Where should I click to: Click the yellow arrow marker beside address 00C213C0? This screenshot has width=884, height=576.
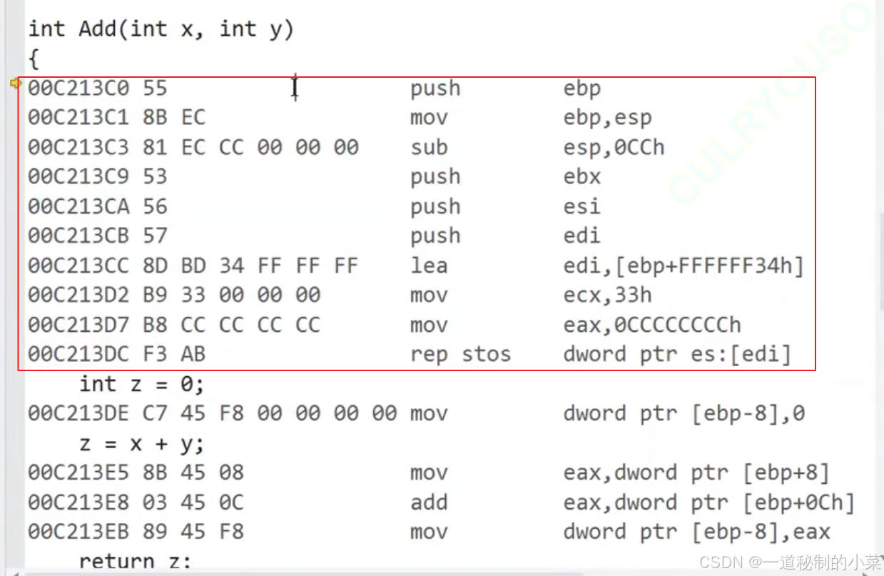(x=15, y=84)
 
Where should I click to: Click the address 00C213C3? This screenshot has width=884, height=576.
(x=78, y=148)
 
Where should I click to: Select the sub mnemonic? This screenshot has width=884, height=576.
(x=429, y=148)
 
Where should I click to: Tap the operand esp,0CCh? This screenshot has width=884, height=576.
(x=614, y=148)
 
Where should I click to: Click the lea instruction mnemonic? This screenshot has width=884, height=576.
(x=429, y=266)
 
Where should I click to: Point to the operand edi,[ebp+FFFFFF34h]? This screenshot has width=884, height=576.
(x=684, y=266)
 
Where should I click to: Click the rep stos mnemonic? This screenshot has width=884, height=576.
(x=460, y=355)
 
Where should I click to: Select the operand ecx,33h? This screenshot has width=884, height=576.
(x=607, y=295)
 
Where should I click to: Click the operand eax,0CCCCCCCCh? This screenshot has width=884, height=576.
(x=652, y=325)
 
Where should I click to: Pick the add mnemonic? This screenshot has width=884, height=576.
(x=429, y=502)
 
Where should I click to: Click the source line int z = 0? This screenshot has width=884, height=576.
(x=141, y=384)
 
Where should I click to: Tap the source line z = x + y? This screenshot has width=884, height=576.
(x=141, y=444)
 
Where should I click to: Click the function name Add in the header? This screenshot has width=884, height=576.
(x=98, y=29)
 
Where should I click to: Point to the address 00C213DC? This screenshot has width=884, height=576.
(x=78, y=355)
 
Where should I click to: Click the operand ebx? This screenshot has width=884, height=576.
(x=582, y=177)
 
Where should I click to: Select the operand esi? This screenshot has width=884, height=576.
(x=582, y=207)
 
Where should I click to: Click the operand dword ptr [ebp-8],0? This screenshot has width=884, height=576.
(x=684, y=414)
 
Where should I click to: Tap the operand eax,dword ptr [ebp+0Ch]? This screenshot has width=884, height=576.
(x=708, y=502)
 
